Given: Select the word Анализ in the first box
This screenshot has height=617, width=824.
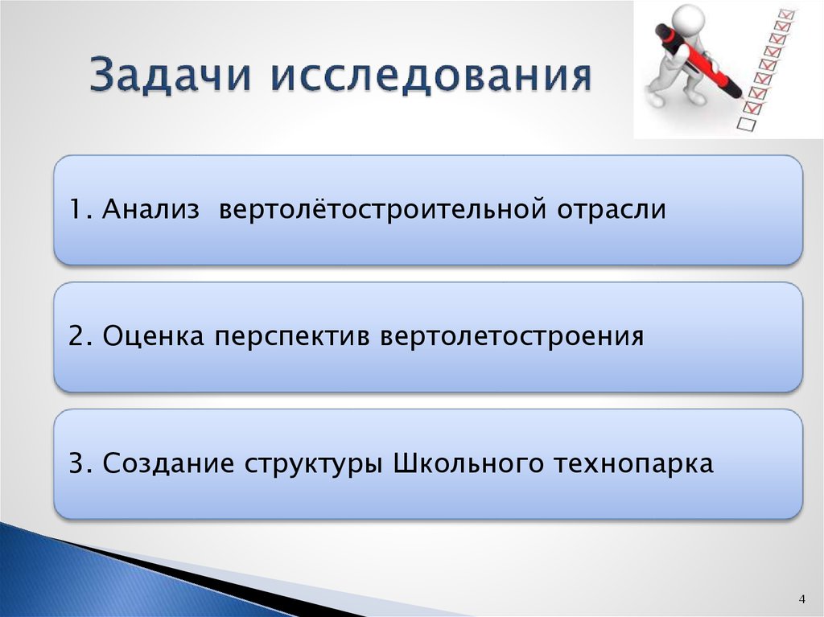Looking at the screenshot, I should [150, 211].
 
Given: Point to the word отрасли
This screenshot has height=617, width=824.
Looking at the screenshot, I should [612, 211].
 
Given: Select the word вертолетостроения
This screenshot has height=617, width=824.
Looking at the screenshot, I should [513, 336].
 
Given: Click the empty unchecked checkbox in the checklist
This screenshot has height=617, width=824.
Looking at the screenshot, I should [746, 124].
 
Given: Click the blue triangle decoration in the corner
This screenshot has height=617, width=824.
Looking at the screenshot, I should [48, 571].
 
